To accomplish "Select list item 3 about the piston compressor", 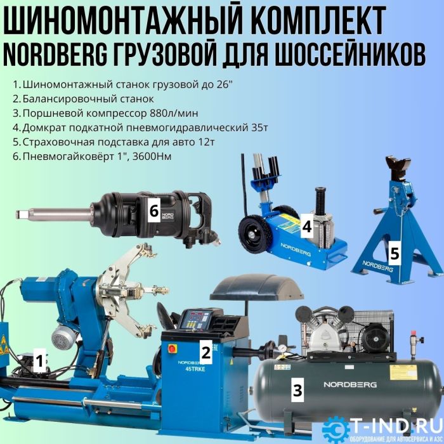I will click(110, 113).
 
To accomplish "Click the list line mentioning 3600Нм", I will click(95, 155).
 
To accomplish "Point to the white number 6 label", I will click(153, 211).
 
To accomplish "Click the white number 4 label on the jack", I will click(306, 225).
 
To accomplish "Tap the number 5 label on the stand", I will click(395, 254).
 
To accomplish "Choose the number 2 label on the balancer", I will click(205, 349).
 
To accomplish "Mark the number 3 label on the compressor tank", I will click(297, 390).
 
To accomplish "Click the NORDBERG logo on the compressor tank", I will click(350, 384).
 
